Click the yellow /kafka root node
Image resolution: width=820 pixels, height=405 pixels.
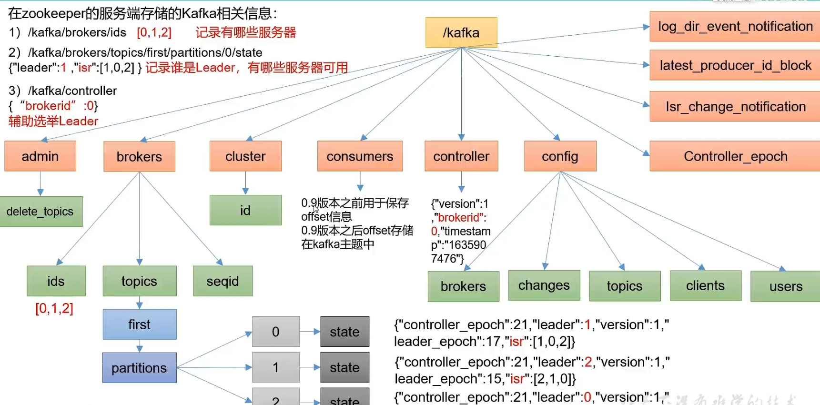[x=461, y=32]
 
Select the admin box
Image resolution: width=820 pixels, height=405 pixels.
[x=40, y=156]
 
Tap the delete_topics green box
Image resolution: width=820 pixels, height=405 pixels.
[x=40, y=212]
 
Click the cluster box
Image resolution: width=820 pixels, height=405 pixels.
[x=245, y=156]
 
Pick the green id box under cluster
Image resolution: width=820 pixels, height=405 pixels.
[x=245, y=210]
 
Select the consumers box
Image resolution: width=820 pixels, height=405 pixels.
[x=360, y=156]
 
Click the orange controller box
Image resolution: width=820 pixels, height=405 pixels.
[x=461, y=156]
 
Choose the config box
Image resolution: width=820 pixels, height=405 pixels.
[x=560, y=156]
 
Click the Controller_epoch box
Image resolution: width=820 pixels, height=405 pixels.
[x=735, y=156]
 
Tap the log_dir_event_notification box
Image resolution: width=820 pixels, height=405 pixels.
[x=735, y=27]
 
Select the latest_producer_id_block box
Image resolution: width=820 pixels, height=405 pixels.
[x=735, y=65]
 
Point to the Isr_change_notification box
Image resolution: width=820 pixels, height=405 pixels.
[x=735, y=107]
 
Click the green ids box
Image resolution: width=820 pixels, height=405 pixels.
[x=56, y=281]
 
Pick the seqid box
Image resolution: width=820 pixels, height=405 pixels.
[x=223, y=281]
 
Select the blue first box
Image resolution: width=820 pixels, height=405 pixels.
[x=139, y=324]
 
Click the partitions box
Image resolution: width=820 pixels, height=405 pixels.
[x=139, y=368]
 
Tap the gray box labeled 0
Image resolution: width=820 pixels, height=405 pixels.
[x=275, y=332]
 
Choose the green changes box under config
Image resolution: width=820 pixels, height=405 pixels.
[x=544, y=285]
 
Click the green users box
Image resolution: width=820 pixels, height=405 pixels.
[x=785, y=286]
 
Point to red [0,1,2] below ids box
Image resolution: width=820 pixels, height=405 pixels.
[x=54, y=309]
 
